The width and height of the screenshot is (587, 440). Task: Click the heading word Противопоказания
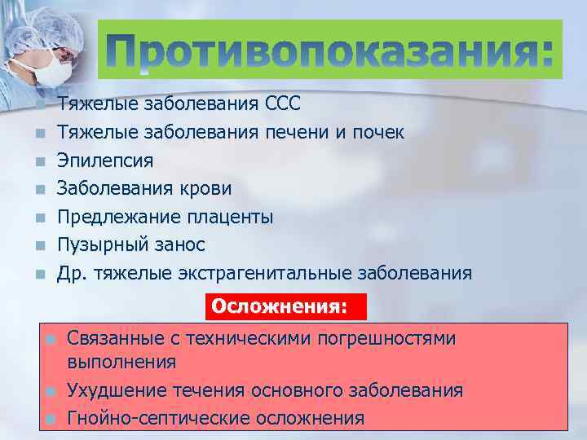[331, 51]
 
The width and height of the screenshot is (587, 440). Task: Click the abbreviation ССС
[283, 103]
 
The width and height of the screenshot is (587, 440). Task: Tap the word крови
[205, 188]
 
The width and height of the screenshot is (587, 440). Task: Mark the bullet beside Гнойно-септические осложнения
[50, 419]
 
